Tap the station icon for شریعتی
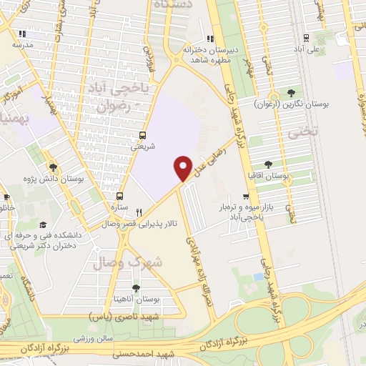tap(143, 134)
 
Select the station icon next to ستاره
tap(119, 196)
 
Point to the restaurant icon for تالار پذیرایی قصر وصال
tap(139, 212)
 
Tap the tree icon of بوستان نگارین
tap(291, 92)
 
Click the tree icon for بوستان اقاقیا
tap(268, 164)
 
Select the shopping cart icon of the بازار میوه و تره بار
tap(247, 197)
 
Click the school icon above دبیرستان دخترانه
tap(209, 39)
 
